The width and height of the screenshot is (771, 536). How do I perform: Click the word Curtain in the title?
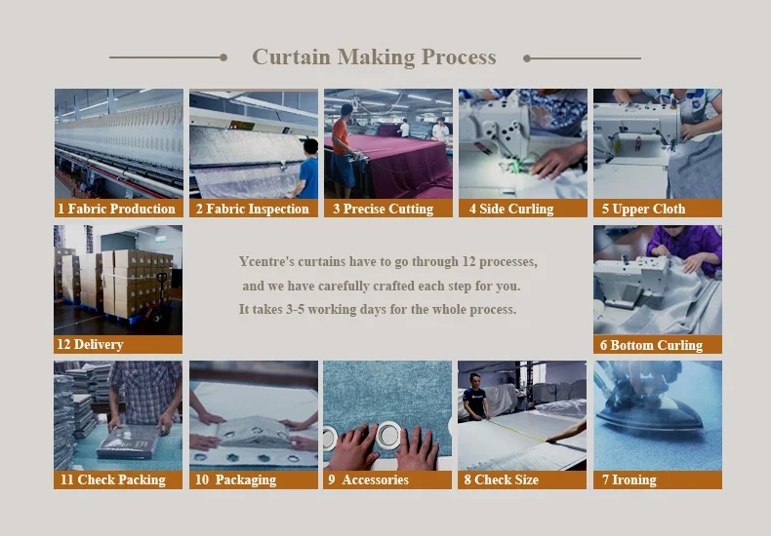pyautogui.click(x=291, y=57)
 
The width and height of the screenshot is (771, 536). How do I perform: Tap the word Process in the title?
pyautogui.click(x=459, y=57)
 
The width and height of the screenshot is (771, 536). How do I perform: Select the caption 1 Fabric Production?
pyautogui.click(x=116, y=210)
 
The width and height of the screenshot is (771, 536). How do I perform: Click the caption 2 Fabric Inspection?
pyautogui.click(x=252, y=210)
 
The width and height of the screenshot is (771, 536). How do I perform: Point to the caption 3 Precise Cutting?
pyautogui.click(x=383, y=210)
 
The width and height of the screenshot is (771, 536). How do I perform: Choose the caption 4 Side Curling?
pyautogui.click(x=511, y=210)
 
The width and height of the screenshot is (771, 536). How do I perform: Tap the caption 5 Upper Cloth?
pyautogui.click(x=644, y=210)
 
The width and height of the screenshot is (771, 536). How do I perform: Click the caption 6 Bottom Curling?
pyautogui.click(x=652, y=345)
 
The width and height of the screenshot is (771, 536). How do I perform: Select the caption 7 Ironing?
pyautogui.click(x=629, y=479)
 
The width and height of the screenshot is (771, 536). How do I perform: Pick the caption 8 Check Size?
pyautogui.click(x=501, y=479)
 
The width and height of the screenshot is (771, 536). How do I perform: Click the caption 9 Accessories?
pyautogui.click(x=368, y=479)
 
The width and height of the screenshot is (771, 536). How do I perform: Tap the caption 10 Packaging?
pyautogui.click(x=235, y=479)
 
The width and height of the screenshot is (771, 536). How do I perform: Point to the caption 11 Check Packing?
pyautogui.click(x=113, y=479)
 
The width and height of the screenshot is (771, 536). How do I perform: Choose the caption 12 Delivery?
pyautogui.click(x=90, y=344)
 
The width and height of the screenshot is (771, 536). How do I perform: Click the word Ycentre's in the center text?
pyautogui.click(x=266, y=261)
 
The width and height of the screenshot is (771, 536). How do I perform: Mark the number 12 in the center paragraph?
pyautogui.click(x=468, y=261)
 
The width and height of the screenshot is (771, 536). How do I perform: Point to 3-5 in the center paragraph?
pyautogui.click(x=295, y=309)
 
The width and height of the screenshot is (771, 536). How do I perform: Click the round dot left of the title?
pyautogui.click(x=223, y=57)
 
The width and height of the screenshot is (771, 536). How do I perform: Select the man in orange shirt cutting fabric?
pyautogui.click(x=343, y=150)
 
